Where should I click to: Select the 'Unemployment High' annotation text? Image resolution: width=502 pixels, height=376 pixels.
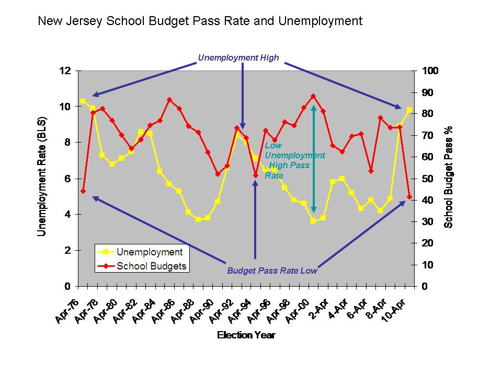238,57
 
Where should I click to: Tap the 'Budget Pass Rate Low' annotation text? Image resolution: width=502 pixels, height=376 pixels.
272,271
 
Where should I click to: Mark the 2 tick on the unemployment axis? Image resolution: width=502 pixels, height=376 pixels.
67,250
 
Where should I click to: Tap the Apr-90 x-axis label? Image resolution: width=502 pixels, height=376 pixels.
203,311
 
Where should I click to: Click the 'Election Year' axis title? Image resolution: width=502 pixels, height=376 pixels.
246,335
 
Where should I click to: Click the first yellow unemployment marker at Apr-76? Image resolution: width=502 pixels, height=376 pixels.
83,101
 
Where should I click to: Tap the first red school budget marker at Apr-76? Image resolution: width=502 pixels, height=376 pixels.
83,191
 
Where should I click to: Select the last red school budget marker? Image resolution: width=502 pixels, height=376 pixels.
409,197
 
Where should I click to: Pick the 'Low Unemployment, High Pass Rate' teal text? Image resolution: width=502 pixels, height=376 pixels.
294,161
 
